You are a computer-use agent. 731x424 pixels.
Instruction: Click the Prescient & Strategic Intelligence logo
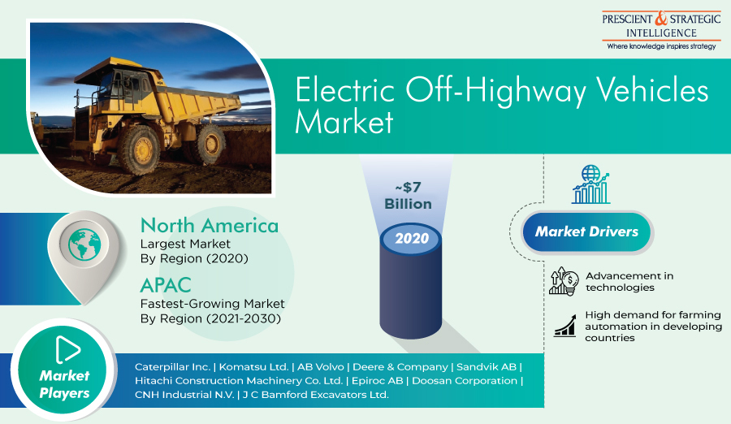click(x=661, y=30)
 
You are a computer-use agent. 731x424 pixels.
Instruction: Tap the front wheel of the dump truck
click(x=140, y=149)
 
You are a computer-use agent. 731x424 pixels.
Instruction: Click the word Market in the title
click(x=344, y=122)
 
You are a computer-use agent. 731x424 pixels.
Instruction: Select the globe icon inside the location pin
click(x=84, y=244)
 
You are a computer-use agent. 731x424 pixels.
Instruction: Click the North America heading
click(x=210, y=225)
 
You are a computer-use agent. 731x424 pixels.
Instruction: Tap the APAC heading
click(x=166, y=285)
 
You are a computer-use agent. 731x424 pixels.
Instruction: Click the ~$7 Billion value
click(x=408, y=196)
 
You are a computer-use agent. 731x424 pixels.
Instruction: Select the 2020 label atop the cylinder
click(x=412, y=238)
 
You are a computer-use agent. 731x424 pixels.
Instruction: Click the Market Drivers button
click(x=586, y=231)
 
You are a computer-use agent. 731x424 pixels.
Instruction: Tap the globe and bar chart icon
click(x=590, y=184)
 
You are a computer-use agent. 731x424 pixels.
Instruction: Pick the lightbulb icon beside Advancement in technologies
click(x=564, y=281)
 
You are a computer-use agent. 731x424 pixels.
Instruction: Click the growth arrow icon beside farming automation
click(x=565, y=325)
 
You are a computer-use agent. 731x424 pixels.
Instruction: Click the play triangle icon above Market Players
click(x=67, y=349)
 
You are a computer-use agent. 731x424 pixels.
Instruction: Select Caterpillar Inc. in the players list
click(x=172, y=367)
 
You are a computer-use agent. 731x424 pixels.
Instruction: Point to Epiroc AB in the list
click(x=377, y=381)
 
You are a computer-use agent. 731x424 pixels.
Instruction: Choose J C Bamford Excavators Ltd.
click(x=316, y=395)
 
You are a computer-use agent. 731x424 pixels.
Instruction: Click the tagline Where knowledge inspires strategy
click(x=661, y=46)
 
